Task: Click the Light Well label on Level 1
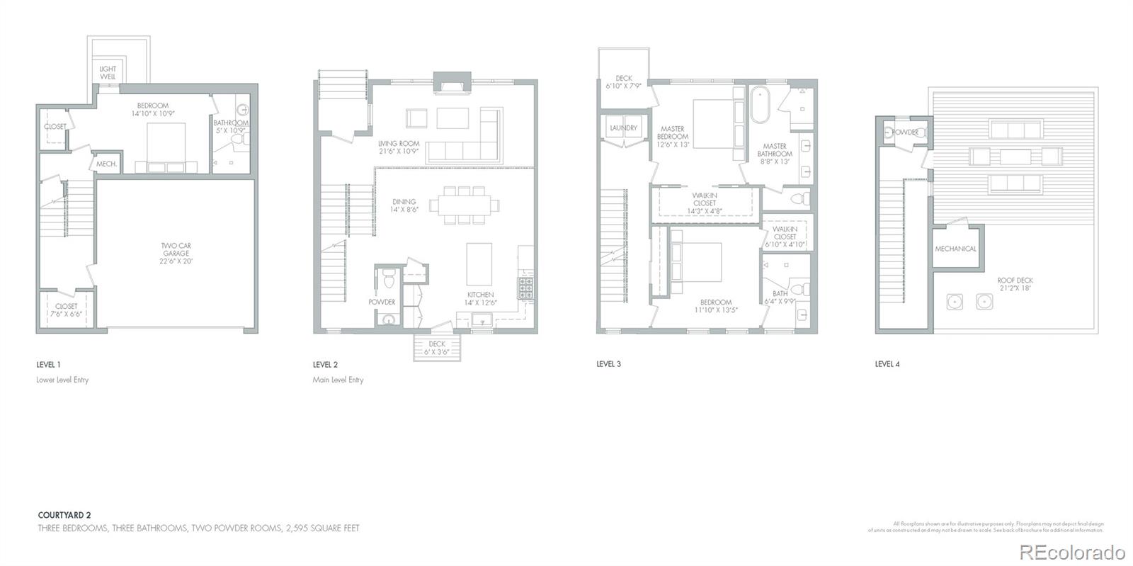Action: (x=108, y=73)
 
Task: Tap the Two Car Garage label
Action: (x=176, y=254)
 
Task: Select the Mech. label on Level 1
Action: (x=106, y=164)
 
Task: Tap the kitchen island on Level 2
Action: (x=479, y=264)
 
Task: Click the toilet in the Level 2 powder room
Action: (x=387, y=281)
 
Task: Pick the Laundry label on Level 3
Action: (x=623, y=128)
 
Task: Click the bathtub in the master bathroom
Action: (x=760, y=106)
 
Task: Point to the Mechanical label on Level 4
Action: (x=955, y=249)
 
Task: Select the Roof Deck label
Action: (x=1015, y=284)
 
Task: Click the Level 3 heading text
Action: (x=608, y=364)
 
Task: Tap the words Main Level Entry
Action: (x=338, y=380)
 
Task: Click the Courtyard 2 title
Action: (x=64, y=516)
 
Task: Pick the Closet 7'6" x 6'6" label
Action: (x=66, y=310)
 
